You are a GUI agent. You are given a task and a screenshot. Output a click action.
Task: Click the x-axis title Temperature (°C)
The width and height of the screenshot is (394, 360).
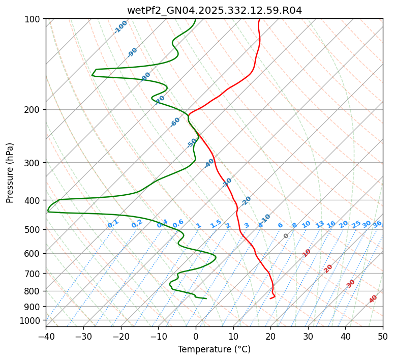tap(214, 349)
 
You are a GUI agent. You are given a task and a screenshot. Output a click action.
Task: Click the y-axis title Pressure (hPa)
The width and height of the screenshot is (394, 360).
tap(10, 172)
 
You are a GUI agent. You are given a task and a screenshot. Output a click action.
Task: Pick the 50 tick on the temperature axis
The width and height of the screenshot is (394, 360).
tap(383, 336)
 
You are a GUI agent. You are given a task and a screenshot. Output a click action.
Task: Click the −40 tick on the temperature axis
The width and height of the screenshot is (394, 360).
tap(46, 336)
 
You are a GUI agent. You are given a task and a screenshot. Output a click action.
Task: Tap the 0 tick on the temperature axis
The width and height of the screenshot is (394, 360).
tap(196, 336)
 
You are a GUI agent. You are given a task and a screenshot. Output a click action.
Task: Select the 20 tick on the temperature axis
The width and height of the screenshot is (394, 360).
tap(270, 336)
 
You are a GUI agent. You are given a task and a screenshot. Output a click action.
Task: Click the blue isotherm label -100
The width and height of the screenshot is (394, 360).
tap(120, 26)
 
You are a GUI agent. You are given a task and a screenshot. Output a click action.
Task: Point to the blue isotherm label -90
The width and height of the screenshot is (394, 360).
tap(133, 52)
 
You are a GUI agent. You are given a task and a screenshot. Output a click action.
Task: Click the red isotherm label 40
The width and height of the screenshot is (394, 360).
tap(373, 299)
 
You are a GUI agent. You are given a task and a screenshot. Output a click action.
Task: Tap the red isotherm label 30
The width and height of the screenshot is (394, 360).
tap(351, 283)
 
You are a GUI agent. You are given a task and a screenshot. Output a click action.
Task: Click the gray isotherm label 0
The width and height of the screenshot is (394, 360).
tap(286, 236)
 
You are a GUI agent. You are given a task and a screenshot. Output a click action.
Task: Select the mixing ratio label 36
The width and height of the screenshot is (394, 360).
tap(377, 224)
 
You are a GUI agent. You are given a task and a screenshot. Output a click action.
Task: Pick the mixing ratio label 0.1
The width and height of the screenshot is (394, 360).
tap(113, 223)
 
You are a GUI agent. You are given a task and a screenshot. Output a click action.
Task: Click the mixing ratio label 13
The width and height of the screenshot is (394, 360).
tap(320, 224)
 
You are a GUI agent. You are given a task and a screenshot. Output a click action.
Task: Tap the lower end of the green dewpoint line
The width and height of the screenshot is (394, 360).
tap(206, 298)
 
